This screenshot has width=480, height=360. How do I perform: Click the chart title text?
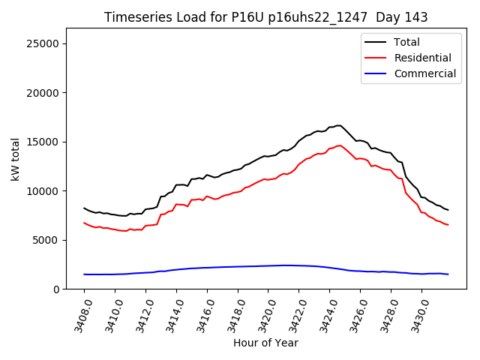(265, 17)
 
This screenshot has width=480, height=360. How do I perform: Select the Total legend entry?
(406, 42)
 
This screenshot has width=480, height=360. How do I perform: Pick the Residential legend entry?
(422, 58)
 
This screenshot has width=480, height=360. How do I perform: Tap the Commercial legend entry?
(424, 73)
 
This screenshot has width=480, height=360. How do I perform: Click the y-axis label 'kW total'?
(16, 159)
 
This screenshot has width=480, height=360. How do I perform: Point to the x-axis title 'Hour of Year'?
(265, 343)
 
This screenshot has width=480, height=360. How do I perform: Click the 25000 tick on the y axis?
(42, 43)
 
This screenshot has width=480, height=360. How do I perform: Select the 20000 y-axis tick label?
(42, 93)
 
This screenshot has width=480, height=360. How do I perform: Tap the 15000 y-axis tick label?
(42, 142)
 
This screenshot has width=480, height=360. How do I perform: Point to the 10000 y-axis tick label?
(42, 191)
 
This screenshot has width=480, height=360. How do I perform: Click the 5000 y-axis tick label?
(45, 240)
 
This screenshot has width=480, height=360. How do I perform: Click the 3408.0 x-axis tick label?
(78, 313)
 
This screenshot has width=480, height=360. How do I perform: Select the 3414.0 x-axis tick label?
(170, 313)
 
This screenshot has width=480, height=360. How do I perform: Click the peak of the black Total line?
(338, 125)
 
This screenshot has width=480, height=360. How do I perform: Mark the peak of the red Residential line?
(339, 145)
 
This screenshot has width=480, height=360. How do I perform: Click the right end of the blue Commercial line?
(448, 274)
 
